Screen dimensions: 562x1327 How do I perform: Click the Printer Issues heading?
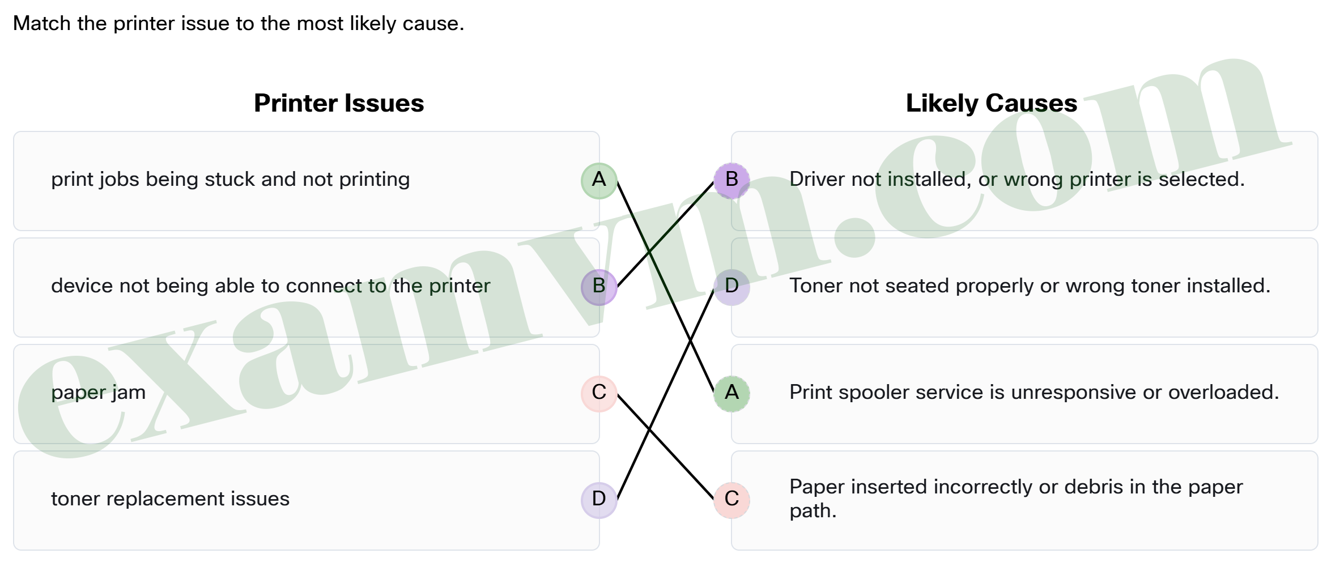point(339,103)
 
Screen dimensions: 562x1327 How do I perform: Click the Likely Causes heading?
point(991,103)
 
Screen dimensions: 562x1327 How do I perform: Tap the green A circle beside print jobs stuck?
point(599,181)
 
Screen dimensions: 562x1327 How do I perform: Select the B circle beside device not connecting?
point(599,287)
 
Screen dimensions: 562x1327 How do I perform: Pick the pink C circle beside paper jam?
point(599,393)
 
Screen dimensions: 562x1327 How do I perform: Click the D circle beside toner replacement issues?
point(599,500)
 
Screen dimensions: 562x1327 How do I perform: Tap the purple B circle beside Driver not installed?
point(731,181)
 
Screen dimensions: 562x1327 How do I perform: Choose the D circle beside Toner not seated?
point(731,287)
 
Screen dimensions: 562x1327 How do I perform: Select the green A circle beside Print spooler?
point(731,393)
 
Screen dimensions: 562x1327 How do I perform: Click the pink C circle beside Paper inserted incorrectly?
point(731,500)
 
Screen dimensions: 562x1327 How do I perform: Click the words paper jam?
point(98,393)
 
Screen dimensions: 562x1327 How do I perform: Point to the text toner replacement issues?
point(170,499)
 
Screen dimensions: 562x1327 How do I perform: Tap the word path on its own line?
point(813,511)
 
